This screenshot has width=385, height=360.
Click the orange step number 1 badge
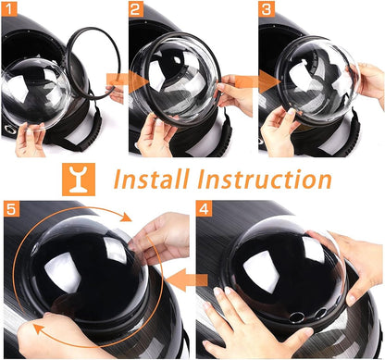[x=11, y=12]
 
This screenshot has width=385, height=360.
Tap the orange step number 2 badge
[x=137, y=12]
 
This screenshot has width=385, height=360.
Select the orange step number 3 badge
[x=267, y=12]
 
